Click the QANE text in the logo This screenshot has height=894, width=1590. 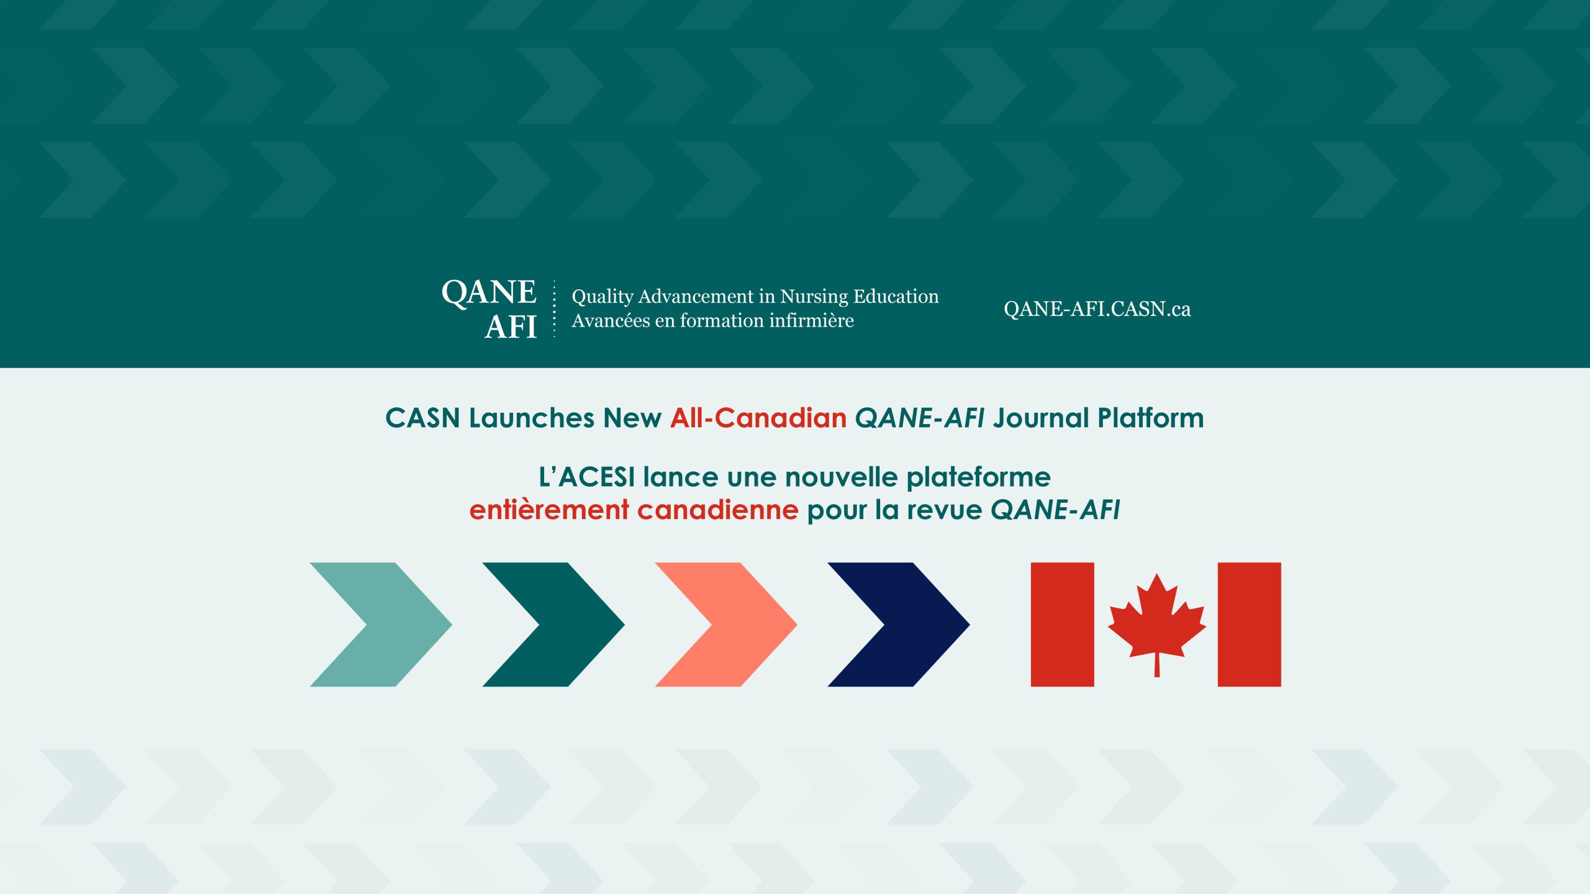click(489, 292)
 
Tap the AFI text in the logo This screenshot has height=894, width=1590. click(511, 327)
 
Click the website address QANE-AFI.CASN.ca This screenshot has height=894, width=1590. click(1097, 309)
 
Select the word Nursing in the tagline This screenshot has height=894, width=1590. click(814, 297)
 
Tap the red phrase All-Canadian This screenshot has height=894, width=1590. click(758, 418)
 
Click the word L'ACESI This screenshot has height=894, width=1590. click(587, 477)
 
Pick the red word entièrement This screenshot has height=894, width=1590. click(549, 510)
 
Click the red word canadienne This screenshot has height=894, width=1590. click(717, 510)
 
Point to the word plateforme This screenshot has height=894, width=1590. click(978, 477)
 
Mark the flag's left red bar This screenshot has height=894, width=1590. click(1062, 625)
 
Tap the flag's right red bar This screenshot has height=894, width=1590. click(1249, 625)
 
